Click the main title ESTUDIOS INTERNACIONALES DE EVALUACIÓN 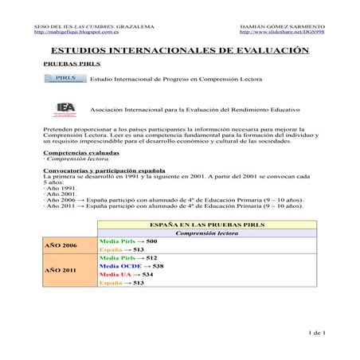(179, 49)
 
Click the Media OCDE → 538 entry (131, 266)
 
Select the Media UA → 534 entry (126, 275)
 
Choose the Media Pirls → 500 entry (128, 241)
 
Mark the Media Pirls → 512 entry (128, 258)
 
